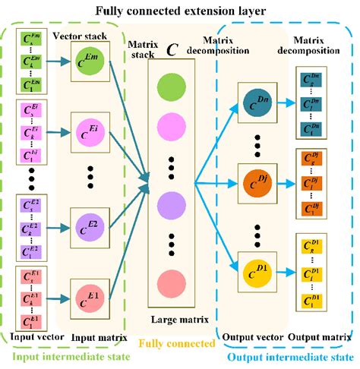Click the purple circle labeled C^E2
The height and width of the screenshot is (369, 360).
(x=88, y=223)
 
